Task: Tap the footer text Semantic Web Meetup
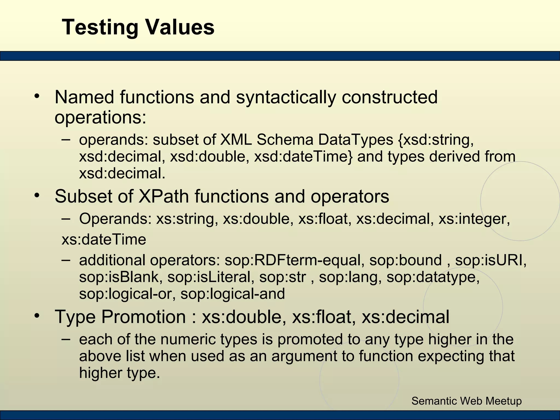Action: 466,401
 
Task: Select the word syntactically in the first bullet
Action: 286,97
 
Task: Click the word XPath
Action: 164,196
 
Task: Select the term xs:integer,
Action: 474,219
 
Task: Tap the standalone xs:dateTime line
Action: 104,240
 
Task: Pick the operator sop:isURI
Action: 491,260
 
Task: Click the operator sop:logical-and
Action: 233,294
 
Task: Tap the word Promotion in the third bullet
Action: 144,317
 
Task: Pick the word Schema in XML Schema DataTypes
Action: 285,140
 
